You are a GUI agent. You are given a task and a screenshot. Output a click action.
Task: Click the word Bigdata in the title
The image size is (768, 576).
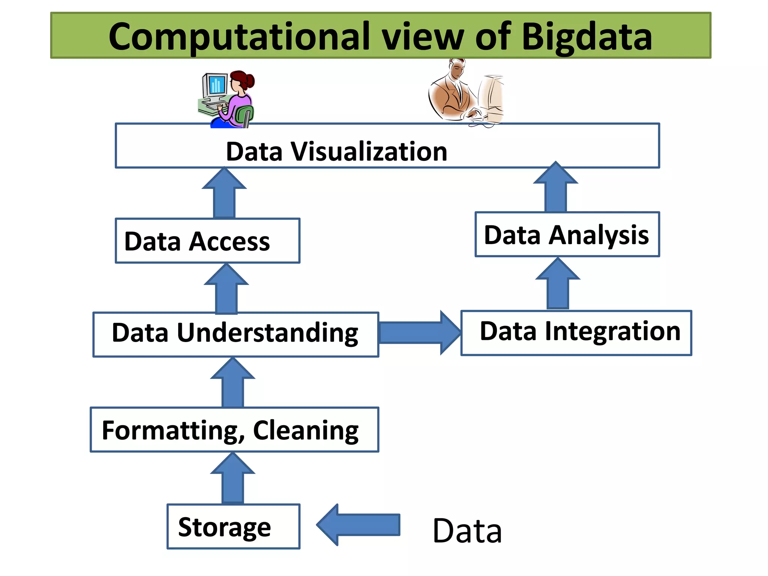click(586, 37)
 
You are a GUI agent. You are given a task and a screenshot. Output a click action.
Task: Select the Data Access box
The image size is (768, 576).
click(207, 241)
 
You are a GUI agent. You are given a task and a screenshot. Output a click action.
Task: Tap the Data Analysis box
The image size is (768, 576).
click(567, 234)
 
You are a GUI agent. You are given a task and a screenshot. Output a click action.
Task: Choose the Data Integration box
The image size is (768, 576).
click(576, 333)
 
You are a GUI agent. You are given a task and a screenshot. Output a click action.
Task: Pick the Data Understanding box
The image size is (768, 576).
click(235, 334)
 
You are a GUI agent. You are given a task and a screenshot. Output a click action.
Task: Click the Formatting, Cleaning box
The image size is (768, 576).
click(234, 429)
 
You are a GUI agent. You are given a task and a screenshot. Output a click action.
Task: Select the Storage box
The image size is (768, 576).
click(233, 526)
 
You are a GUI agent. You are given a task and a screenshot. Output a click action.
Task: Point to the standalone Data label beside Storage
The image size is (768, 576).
click(467, 531)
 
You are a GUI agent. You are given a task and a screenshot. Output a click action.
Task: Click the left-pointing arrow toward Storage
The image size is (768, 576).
click(358, 525)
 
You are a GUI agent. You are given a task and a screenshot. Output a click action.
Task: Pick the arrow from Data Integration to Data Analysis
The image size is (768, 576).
click(558, 285)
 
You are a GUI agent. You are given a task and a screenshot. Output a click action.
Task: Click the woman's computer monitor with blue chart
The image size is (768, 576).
click(215, 85)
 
